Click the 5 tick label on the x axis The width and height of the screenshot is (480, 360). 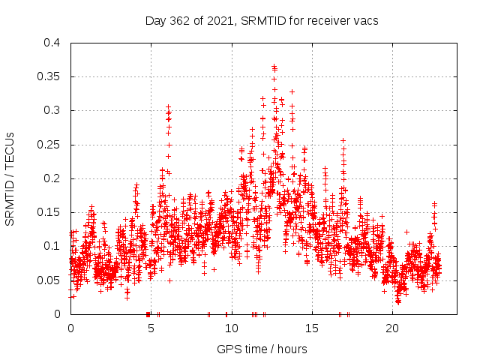pos(151,328)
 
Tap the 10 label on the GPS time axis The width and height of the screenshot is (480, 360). pos(231,328)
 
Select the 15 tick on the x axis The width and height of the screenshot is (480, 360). pos(311,328)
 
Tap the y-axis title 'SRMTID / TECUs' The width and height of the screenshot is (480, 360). pos(10,178)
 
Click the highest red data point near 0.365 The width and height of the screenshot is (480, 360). pos(274,66)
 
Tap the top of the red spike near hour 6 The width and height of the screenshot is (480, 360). pos(168,106)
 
